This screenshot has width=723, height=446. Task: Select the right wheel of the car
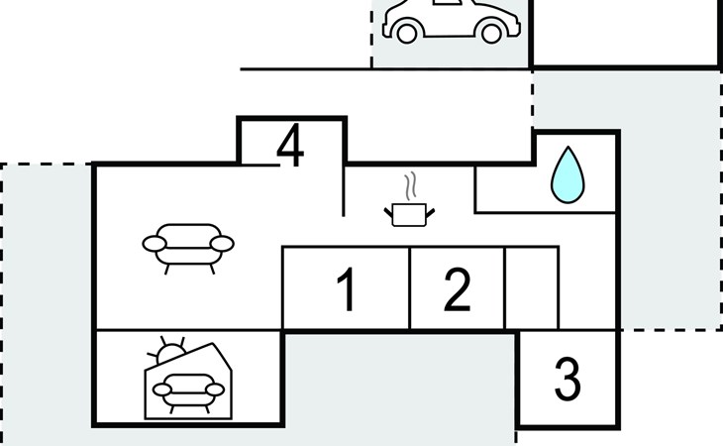pyautogui.click(x=490, y=33)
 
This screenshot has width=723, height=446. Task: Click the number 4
pyautogui.click(x=290, y=147)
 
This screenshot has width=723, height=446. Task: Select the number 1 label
pyautogui.click(x=346, y=290)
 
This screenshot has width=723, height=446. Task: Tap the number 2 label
pyautogui.click(x=457, y=290)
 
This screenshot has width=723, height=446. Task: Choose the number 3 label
pyautogui.click(x=567, y=379)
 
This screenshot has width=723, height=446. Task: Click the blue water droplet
pyautogui.click(x=568, y=175)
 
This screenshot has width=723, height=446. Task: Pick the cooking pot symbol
pyautogui.click(x=410, y=213)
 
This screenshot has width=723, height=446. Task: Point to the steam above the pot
pyautogui.click(x=410, y=186)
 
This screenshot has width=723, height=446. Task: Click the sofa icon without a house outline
pyautogui.click(x=188, y=245)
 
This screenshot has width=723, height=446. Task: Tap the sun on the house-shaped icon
pyautogui.click(x=170, y=352)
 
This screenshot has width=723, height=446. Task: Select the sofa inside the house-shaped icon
pyautogui.click(x=186, y=390)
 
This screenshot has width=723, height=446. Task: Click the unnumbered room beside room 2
pyautogui.click(x=532, y=288)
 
